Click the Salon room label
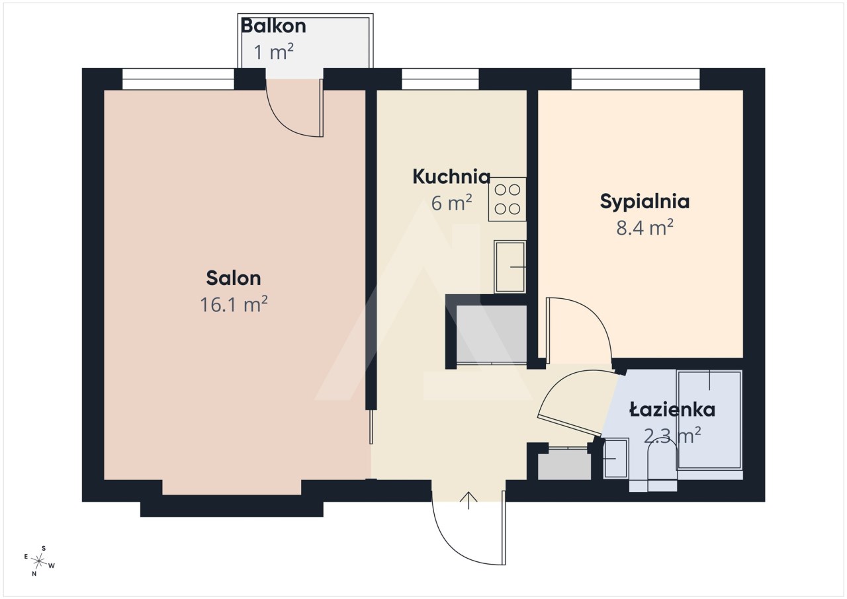point(234,278)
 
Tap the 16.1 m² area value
point(234,304)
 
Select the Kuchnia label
point(451,177)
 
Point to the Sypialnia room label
point(645,201)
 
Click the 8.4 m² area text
point(645,227)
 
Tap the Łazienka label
point(672,409)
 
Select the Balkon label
point(273,26)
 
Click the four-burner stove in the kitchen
point(507,199)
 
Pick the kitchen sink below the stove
point(510,267)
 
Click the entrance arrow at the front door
point(468,500)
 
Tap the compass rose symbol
point(39,561)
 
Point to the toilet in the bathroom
point(662,467)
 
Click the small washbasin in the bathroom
point(615,458)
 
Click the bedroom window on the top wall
point(635,79)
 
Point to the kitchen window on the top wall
point(440,79)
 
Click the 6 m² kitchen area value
point(451,203)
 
